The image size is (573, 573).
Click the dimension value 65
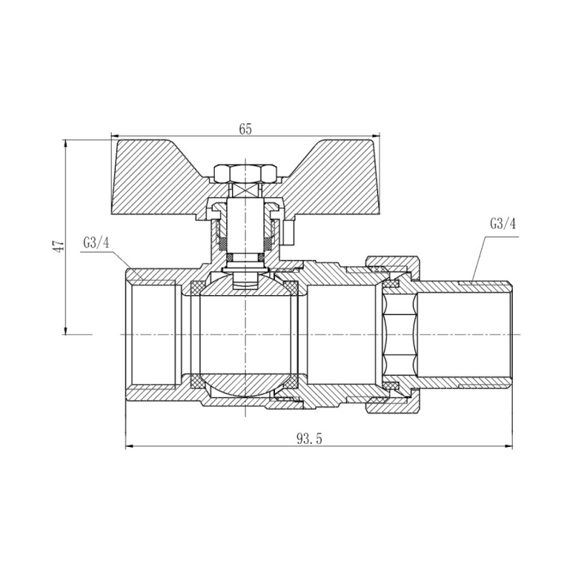point(245,129)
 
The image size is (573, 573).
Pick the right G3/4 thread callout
point(502,223)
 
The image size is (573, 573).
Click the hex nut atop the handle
point(245,173)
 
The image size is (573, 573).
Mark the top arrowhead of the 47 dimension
point(65,143)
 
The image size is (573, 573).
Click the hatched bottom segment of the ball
point(245,387)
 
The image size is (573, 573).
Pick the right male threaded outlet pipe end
point(494,335)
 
